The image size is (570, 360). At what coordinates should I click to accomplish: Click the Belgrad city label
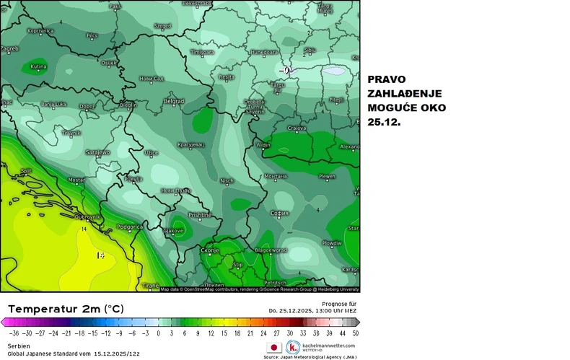[x=174, y=102]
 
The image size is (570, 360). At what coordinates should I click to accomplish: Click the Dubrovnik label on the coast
[x=87, y=216]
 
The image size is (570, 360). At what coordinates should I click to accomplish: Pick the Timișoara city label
[x=203, y=53]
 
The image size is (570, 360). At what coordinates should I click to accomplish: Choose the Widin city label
[x=263, y=145]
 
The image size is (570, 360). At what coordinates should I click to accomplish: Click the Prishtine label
[x=199, y=215]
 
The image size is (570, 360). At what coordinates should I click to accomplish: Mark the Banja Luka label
[x=54, y=105]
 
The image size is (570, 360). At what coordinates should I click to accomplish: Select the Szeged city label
[x=162, y=26]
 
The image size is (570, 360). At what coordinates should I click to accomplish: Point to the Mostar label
[x=76, y=180]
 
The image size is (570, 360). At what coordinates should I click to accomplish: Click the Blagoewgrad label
[x=271, y=250]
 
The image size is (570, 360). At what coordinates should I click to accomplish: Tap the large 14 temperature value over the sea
[x=101, y=255]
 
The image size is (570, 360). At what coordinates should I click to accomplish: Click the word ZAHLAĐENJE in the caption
[x=405, y=94]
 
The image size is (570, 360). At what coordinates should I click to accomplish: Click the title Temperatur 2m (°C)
[x=66, y=308]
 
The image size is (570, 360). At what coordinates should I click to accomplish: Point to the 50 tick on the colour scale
[x=356, y=333]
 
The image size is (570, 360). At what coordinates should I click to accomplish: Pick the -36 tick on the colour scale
[x=14, y=333]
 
